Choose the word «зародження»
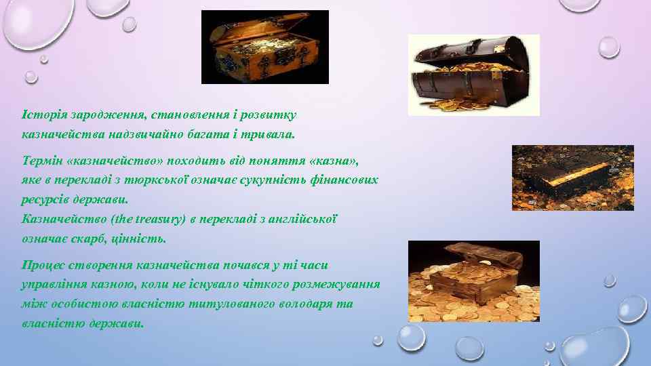click(x=98, y=116)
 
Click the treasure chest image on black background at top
click(x=265, y=47)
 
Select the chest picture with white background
click(x=473, y=75)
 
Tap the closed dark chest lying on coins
click(x=572, y=177)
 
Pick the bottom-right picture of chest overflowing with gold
click(x=473, y=281)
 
